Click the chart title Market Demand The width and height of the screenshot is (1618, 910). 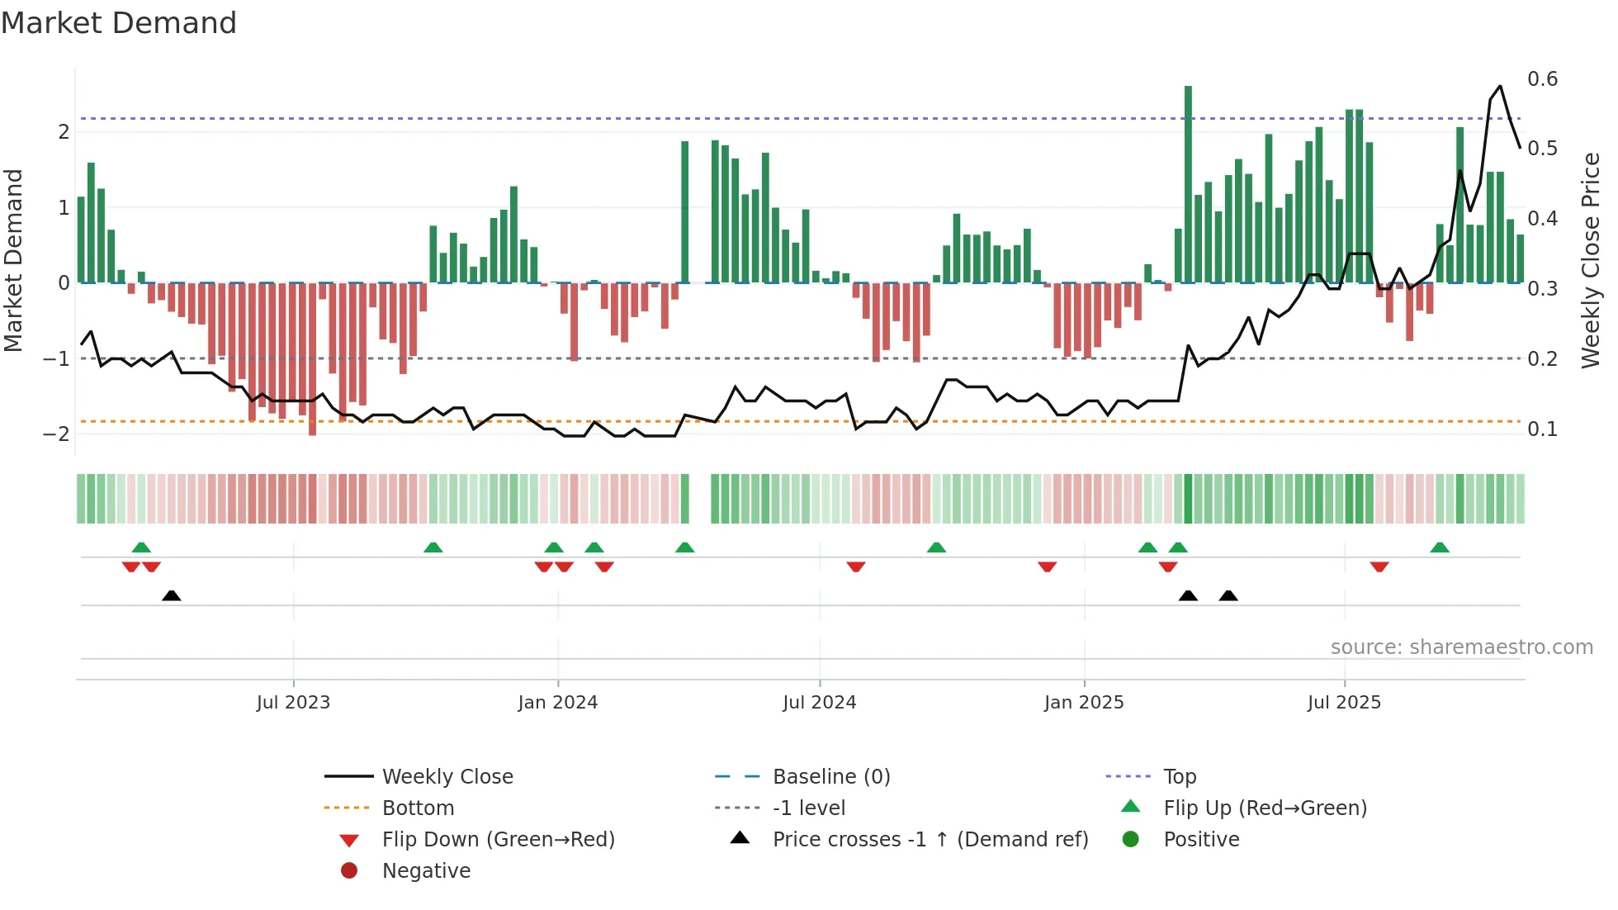[119, 23]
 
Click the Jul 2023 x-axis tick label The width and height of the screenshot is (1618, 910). [293, 703]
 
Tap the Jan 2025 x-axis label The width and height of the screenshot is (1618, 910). [1084, 703]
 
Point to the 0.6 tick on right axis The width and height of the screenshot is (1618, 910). [1542, 79]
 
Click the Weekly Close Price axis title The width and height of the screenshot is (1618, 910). [1591, 260]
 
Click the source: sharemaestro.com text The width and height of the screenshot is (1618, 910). [1461, 647]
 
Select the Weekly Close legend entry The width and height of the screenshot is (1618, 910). [447, 777]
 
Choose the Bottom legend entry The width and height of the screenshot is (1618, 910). [418, 808]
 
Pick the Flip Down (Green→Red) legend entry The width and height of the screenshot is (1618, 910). [498, 840]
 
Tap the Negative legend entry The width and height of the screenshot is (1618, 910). [426, 871]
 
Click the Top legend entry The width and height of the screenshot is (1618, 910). [1180, 777]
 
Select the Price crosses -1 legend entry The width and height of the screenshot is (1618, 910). [930, 840]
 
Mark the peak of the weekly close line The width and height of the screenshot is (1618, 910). [1500, 86]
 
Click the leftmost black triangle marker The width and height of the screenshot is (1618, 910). [172, 595]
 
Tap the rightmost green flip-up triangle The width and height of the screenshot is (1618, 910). [1440, 547]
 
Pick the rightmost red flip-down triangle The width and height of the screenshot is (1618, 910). [1379, 566]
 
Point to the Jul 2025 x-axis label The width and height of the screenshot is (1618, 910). [1344, 703]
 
